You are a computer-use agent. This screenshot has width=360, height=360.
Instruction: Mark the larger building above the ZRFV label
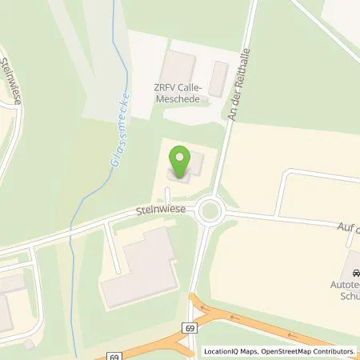tap(180, 67)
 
